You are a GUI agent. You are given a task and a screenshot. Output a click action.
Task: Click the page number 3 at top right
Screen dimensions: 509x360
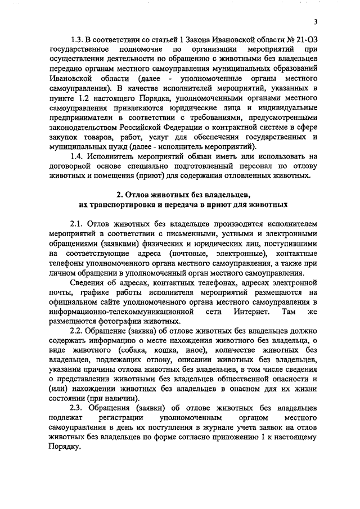316,22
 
